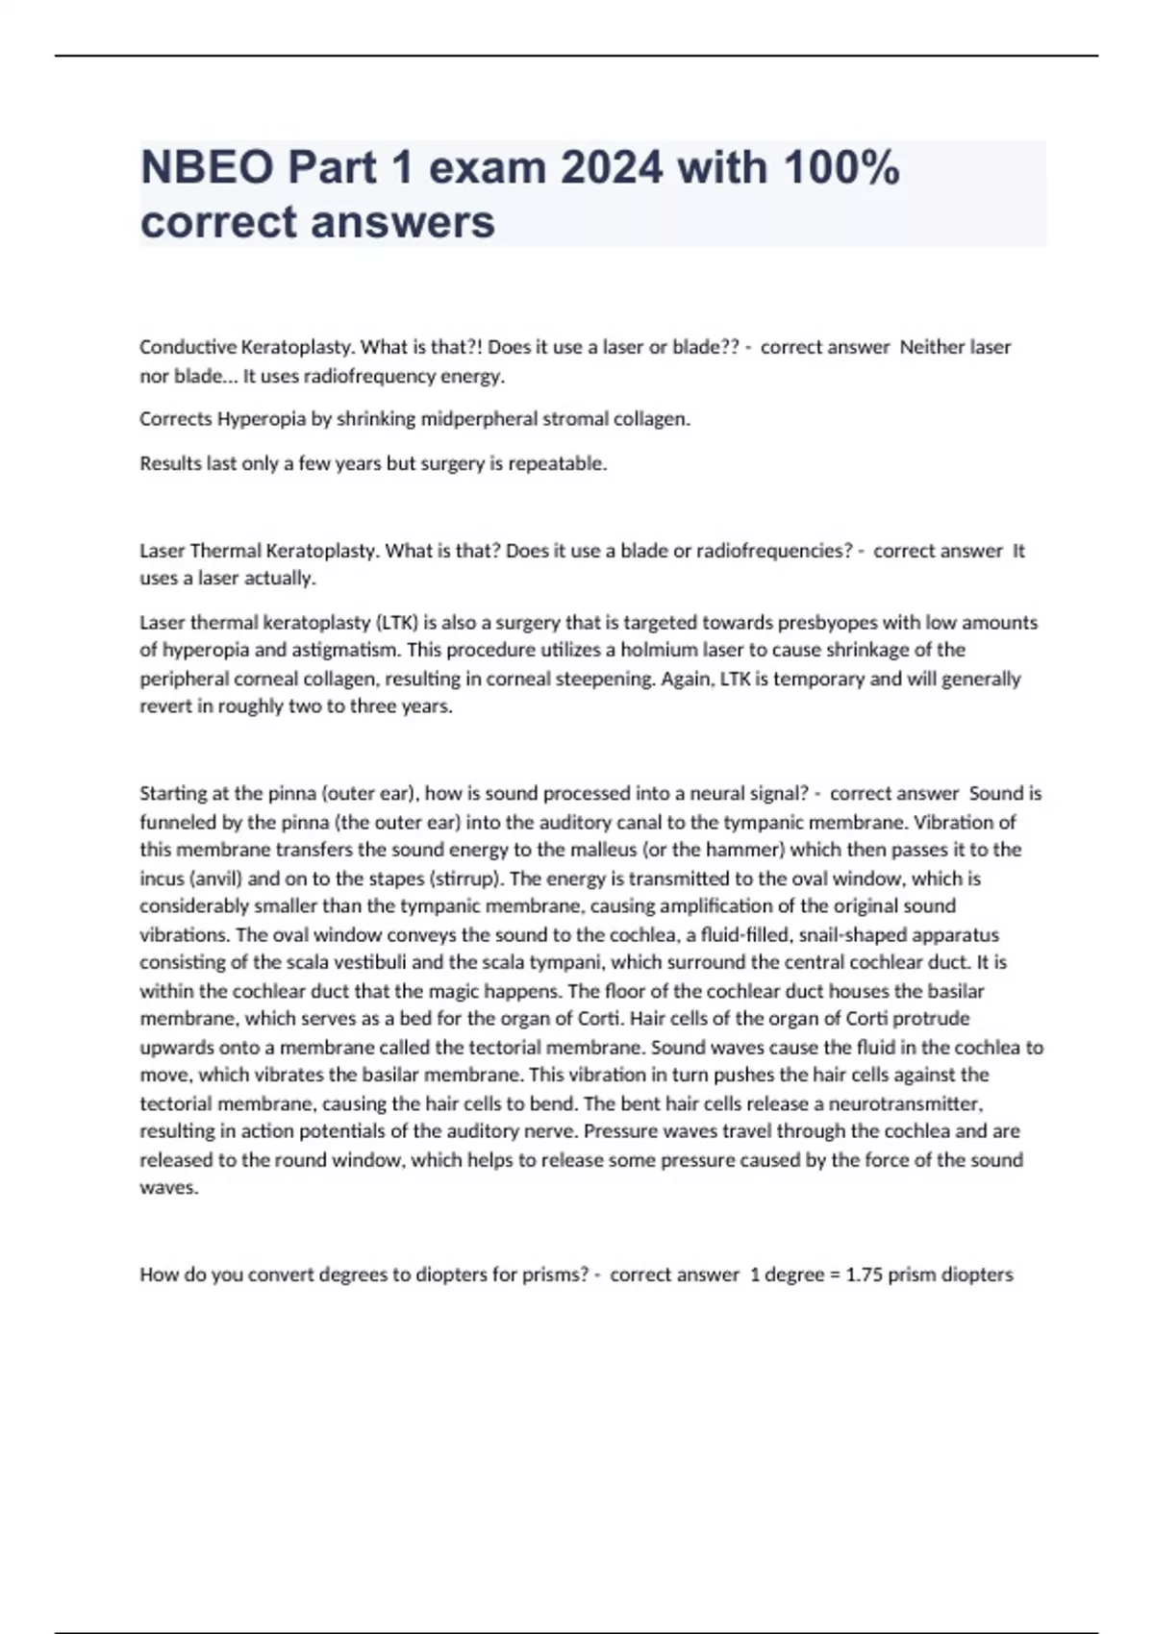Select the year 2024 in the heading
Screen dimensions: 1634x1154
point(612,168)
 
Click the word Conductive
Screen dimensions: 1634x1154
point(188,347)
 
